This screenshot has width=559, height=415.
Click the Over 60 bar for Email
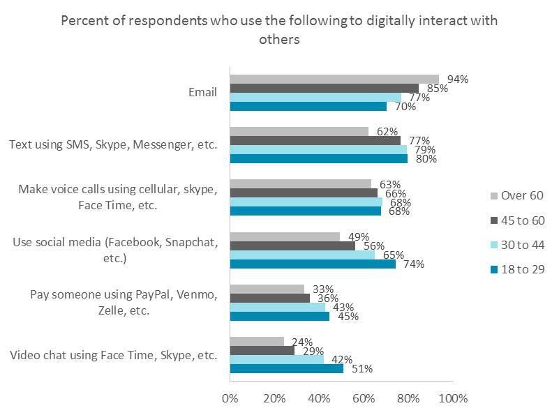tap(334, 79)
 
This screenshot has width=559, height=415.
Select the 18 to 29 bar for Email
tap(308, 107)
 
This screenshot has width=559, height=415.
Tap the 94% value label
tap(458, 80)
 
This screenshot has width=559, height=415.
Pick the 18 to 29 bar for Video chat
tap(286, 368)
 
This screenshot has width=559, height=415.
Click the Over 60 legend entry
tap(517, 195)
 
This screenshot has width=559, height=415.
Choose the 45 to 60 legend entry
tap(517, 220)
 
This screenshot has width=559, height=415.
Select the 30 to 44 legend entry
tap(517, 245)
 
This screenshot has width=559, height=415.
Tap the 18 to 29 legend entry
tap(517, 269)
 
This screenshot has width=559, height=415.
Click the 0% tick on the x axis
tap(230, 398)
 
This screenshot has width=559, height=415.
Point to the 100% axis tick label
tap(454, 398)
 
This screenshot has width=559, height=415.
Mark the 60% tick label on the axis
tap(364, 398)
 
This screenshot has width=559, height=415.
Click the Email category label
tap(202, 92)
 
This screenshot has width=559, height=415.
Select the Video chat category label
tap(113, 355)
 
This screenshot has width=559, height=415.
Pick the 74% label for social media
tap(414, 264)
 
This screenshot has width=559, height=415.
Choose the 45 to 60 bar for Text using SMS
tap(315, 140)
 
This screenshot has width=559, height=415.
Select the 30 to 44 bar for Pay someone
tap(277, 308)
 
